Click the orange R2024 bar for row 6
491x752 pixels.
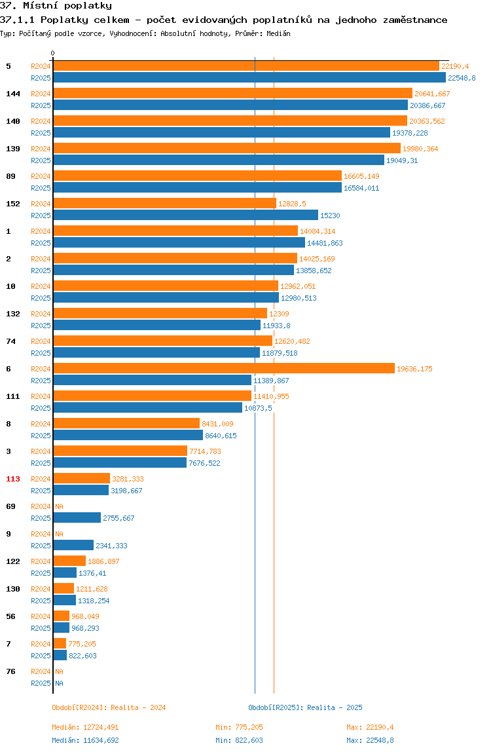pyautogui.click(x=224, y=368)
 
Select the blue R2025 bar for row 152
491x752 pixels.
pyautogui.click(x=185, y=215)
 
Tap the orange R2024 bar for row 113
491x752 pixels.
pyautogui.click(x=82, y=478)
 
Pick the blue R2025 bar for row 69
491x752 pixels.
pyautogui.click(x=77, y=517)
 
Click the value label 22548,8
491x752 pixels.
pyautogui.click(x=462, y=78)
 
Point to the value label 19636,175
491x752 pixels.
pyautogui.click(x=414, y=369)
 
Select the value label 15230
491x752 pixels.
pyautogui.click(x=330, y=216)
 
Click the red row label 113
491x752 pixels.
pyautogui.click(x=13, y=479)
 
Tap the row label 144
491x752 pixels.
pyautogui.click(x=13, y=94)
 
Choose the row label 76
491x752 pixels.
pyautogui.click(x=10, y=671)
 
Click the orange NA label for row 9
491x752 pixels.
pyautogui.click(x=59, y=534)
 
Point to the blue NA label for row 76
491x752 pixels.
pyautogui.click(x=59, y=683)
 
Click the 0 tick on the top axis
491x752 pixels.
pyautogui.click(x=53, y=53)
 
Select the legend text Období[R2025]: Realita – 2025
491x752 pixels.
pyautogui.click(x=306, y=707)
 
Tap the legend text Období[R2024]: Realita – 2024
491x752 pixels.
pyautogui.click(x=109, y=707)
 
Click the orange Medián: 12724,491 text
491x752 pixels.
pyautogui.click(x=85, y=727)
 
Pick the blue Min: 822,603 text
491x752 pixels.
pyautogui.click(x=239, y=740)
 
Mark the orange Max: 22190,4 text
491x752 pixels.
pyautogui.click(x=370, y=727)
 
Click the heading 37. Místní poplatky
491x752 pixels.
pyautogui.click(x=56, y=6)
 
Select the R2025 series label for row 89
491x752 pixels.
pyautogui.click(x=41, y=188)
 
